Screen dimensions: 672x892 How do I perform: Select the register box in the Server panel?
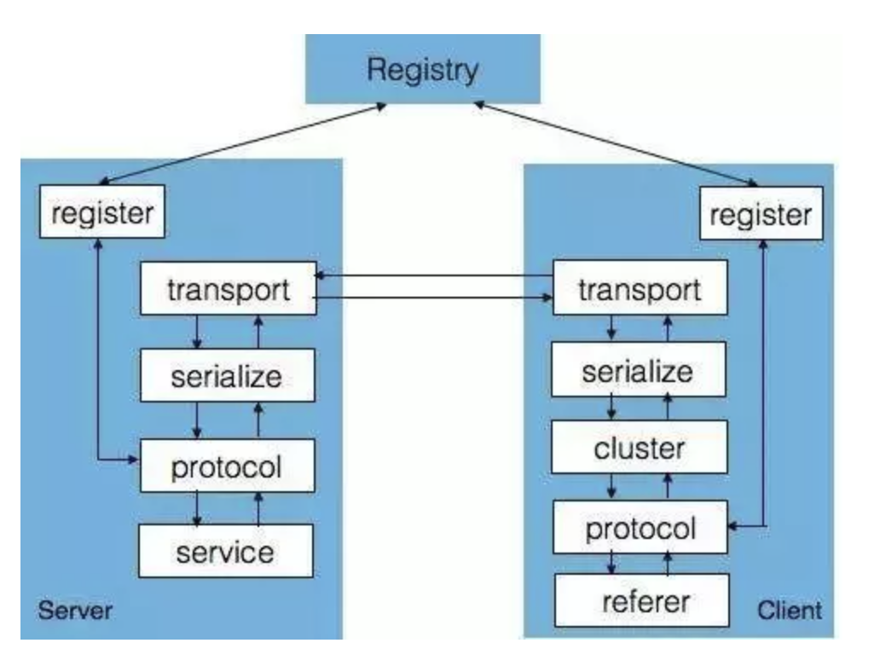(x=102, y=212)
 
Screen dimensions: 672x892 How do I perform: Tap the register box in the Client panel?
(x=761, y=214)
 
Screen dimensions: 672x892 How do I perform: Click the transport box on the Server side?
(x=228, y=290)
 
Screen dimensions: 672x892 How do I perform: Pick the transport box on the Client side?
(x=640, y=290)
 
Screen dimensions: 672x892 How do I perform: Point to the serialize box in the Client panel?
(x=638, y=372)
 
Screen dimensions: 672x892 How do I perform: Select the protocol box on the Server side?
(x=226, y=466)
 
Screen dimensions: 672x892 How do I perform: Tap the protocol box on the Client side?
(x=640, y=529)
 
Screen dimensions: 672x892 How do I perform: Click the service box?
(x=226, y=552)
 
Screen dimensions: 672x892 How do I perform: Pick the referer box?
(x=646, y=601)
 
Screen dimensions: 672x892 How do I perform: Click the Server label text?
(x=75, y=611)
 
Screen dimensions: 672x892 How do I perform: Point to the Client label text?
(x=789, y=611)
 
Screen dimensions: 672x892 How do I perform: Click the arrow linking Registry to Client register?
(x=614, y=143)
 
